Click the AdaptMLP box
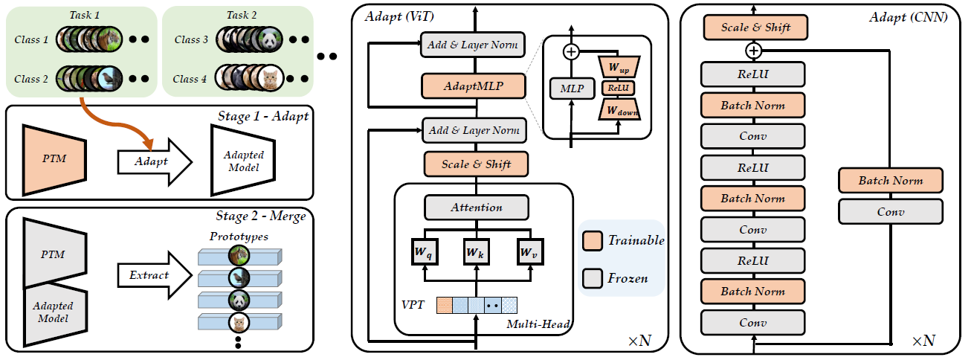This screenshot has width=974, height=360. pyautogui.click(x=473, y=86)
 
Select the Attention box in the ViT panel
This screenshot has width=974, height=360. pyautogui.click(x=477, y=208)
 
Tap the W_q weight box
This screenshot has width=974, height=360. pyautogui.click(x=425, y=251)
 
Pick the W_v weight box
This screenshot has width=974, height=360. pyautogui.click(x=530, y=251)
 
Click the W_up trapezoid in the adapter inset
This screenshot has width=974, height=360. pyautogui.click(x=619, y=67)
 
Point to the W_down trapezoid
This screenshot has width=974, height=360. pyautogui.click(x=619, y=109)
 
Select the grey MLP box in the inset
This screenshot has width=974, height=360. pyautogui.click(x=572, y=89)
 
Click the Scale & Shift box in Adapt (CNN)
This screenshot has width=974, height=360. pyautogui.click(x=755, y=28)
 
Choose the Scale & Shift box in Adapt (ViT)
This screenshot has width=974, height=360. pyautogui.click(x=476, y=164)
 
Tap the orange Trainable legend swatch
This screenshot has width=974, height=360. pyautogui.click(x=593, y=240)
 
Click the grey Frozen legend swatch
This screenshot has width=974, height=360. pyautogui.click(x=593, y=278)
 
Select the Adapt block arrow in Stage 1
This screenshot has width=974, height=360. pyautogui.click(x=155, y=162)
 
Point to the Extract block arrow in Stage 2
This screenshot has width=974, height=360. pyautogui.click(x=155, y=275)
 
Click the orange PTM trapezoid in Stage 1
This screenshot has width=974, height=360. pyautogui.click(x=54, y=160)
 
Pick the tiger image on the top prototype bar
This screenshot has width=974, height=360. pyautogui.click(x=239, y=256)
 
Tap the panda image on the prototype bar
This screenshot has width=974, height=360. pyautogui.click(x=239, y=300)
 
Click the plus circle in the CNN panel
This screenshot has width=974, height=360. pyautogui.click(x=753, y=51)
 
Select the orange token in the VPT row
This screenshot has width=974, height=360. pyautogui.click(x=445, y=305)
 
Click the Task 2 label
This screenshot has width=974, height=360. pyautogui.click(x=242, y=15)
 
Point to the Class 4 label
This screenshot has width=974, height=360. pyautogui.click(x=190, y=79)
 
